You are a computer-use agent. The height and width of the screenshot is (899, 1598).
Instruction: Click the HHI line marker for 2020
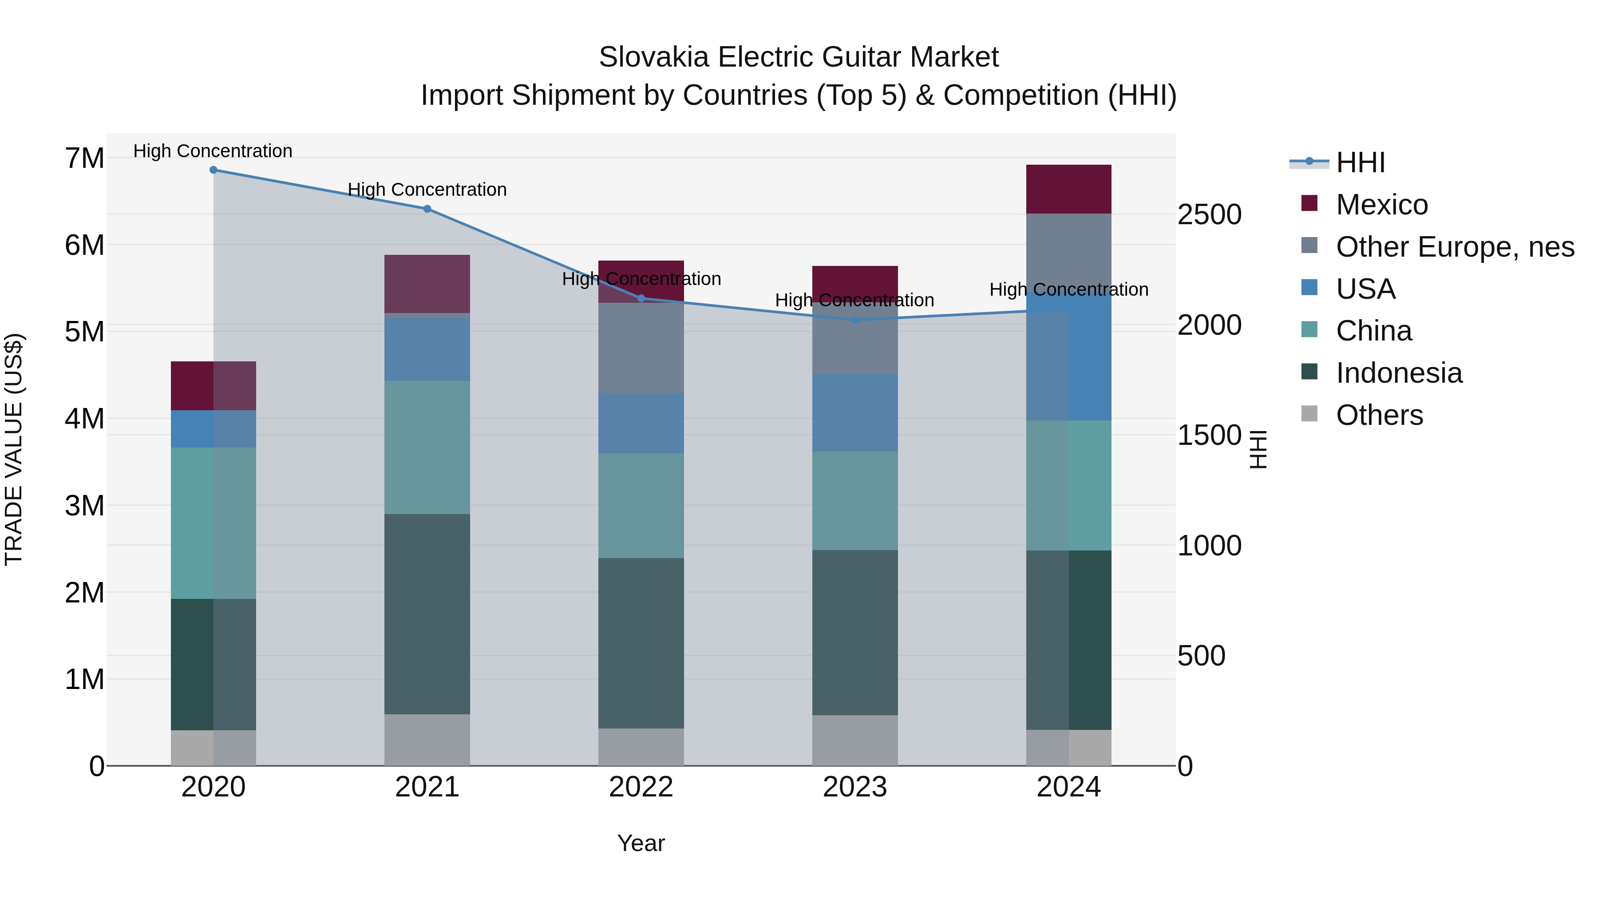point(214,170)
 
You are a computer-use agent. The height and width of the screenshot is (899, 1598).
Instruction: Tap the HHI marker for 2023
point(855,320)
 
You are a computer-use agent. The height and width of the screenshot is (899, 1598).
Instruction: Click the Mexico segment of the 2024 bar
point(1068,189)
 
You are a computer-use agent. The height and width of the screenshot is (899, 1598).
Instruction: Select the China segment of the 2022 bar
point(641,506)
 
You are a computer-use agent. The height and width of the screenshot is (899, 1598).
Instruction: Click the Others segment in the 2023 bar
point(855,740)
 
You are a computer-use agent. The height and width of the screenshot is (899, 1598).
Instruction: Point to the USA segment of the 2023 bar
point(855,412)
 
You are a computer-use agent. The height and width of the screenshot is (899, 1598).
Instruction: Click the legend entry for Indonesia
point(1398,373)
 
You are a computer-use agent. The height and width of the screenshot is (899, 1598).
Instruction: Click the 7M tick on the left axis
point(85,158)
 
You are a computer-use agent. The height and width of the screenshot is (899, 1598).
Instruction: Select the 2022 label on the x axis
point(641,787)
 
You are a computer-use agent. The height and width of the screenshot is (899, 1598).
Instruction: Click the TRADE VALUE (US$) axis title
point(14,449)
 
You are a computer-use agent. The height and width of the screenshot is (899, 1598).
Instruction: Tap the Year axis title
point(641,843)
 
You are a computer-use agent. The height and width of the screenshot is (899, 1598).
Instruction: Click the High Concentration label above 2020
point(213,151)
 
